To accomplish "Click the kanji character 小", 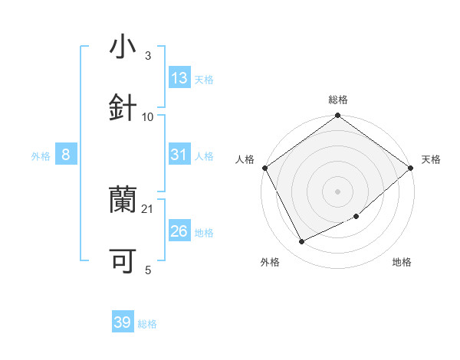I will (123, 47).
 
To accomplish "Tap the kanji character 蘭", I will (123, 201).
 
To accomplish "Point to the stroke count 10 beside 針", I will (148, 116).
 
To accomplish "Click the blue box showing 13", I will (179, 78).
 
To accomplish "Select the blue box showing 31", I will (179, 155).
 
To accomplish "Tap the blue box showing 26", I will (179, 231).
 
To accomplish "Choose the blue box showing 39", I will (123, 322).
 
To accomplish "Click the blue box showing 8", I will (66, 155).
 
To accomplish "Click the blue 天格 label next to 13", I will (204, 79).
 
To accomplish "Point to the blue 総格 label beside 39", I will (147, 323).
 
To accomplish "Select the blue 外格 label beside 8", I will (41, 155).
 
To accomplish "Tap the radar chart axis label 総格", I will (338, 100).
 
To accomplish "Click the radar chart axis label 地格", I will (402, 262).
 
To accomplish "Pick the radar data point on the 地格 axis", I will (356, 217).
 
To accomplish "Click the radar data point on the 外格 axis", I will (301, 242).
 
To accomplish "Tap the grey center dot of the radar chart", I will (338, 191).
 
